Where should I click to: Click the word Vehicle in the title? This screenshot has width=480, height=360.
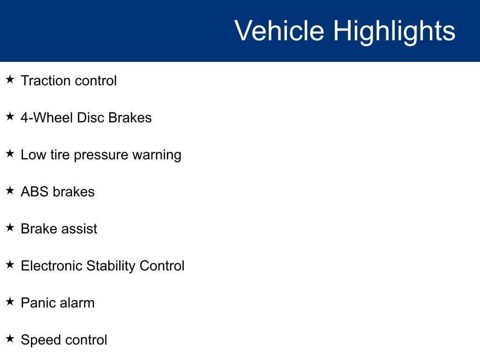tap(279, 30)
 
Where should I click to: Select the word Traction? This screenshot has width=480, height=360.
tap(46, 81)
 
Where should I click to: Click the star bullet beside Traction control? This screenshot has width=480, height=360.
tap(10, 79)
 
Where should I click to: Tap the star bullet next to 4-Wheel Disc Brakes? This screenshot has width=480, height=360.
tap(10, 116)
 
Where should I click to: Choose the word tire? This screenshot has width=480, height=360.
tap(60, 155)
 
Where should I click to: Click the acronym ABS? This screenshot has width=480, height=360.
tap(35, 192)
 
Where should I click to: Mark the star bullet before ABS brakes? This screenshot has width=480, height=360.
tap(10, 190)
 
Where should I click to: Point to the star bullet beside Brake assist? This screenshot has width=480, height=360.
tap(10, 227)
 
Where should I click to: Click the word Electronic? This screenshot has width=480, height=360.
tap(52, 266)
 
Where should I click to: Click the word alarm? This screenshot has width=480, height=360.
tap(77, 303)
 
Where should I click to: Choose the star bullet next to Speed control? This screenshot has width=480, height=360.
tap(10, 338)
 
